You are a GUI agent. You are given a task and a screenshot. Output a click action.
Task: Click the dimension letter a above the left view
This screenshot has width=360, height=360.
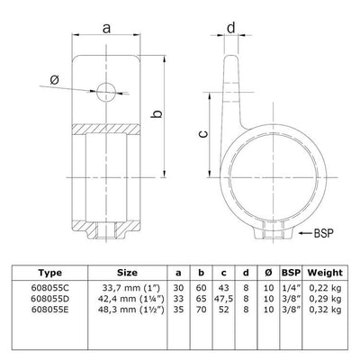107,30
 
